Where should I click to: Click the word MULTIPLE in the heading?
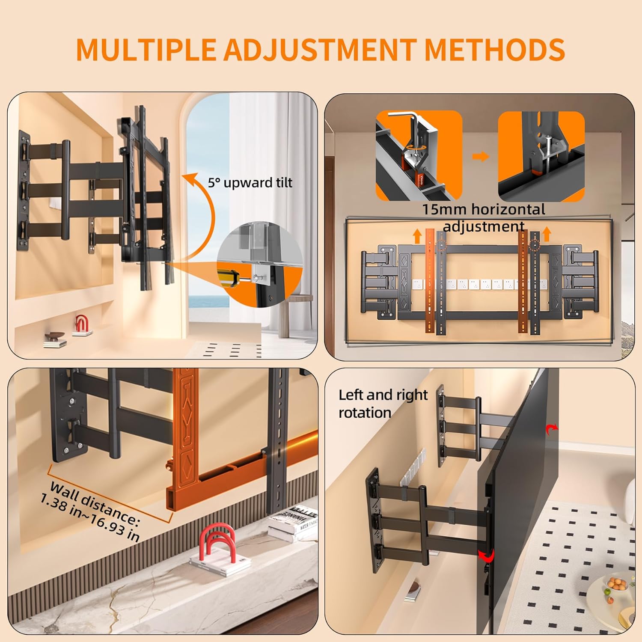pos(146,50)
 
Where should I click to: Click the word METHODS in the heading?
pos(495,50)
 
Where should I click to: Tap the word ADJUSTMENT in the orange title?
pos(320,50)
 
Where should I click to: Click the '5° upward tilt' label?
pos(250,183)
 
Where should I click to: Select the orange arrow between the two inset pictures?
pos(481,157)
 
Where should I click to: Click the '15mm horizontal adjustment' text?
pos(484,217)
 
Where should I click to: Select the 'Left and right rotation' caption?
pos(383,403)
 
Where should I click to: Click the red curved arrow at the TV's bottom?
pos(487,556)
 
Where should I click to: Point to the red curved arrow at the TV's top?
pos(552,429)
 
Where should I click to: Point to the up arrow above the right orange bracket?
pos(547,235)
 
